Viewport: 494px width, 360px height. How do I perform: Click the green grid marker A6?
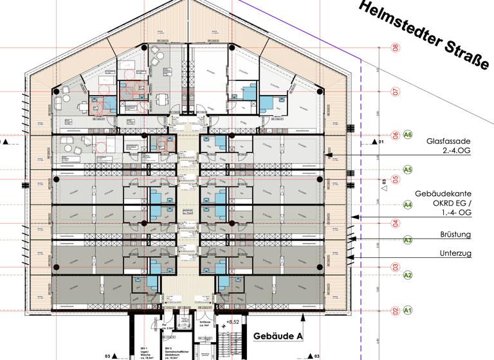coord(407,135)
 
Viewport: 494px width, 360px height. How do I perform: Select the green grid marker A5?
coord(407,170)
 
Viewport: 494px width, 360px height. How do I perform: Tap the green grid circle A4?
coord(407,205)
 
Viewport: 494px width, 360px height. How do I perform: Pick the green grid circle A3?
coord(407,240)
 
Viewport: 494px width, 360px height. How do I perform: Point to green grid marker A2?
coord(407,275)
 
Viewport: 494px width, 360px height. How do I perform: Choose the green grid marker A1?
coord(407,310)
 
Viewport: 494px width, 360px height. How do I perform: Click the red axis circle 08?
coord(396,48)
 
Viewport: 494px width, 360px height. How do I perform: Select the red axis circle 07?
coord(396,92)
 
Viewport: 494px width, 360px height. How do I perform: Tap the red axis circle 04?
coord(396,223)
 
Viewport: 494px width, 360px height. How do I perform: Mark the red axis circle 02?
coord(396,311)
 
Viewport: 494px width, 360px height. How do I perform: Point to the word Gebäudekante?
coord(443,194)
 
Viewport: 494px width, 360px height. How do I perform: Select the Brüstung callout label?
coord(455,235)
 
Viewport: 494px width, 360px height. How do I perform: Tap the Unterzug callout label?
coord(455,253)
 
